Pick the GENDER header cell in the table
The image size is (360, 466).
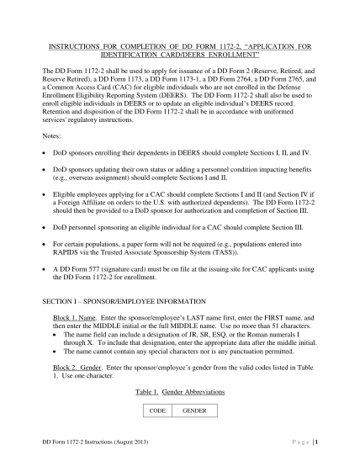[193, 410]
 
